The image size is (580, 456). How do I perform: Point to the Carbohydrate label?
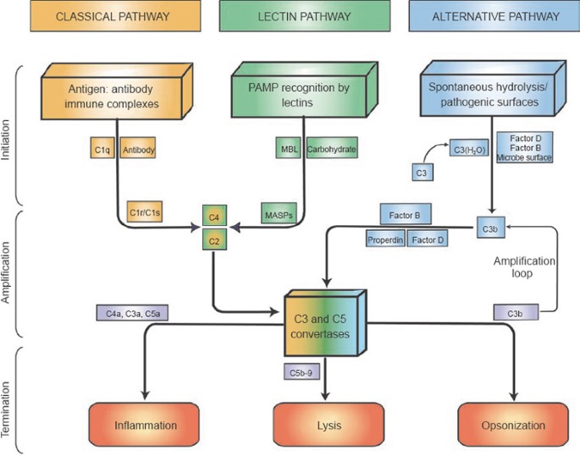[x=331, y=150]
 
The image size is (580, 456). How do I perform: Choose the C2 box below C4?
[x=215, y=241]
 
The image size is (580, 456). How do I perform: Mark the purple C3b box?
[x=514, y=313]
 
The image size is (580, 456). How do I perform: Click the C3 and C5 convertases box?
[x=327, y=322]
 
